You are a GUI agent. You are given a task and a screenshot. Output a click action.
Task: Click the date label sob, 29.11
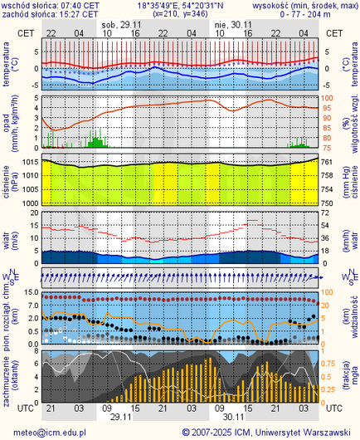point(119,25)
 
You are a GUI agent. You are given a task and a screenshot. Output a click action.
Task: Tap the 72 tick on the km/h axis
point(328,213)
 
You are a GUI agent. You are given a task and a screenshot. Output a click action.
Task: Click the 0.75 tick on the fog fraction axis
point(330,363)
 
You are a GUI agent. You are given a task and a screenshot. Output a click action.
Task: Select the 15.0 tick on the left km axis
point(30,293)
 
